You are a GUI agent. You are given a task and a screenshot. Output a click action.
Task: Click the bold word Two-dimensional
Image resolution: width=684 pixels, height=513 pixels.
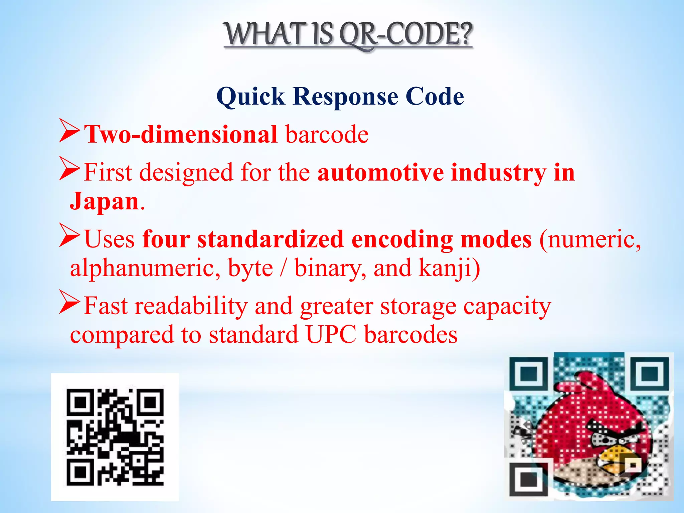[x=181, y=135]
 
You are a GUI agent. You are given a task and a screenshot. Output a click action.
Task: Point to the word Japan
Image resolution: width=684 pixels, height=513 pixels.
[x=104, y=201]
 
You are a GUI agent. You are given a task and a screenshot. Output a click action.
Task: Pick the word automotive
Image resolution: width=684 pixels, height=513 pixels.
[x=380, y=173]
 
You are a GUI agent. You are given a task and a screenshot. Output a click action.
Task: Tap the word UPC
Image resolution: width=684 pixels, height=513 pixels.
[x=331, y=335]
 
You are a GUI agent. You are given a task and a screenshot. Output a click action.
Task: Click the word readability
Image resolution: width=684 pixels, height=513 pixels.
[x=191, y=306]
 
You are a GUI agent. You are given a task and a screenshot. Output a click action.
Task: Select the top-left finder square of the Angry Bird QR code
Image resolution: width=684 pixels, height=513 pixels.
[x=529, y=373]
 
